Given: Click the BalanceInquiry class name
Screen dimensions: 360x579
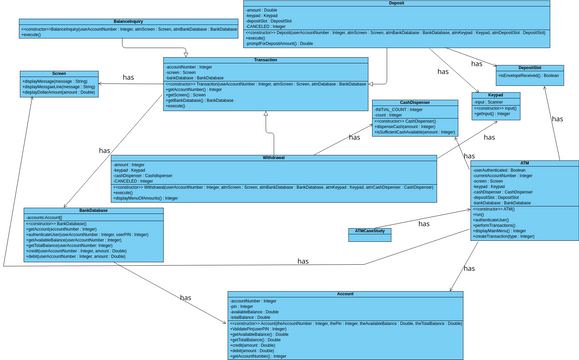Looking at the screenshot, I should tap(127, 20).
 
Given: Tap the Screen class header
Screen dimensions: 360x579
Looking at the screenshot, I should tap(59, 74).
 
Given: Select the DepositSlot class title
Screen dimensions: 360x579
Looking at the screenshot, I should tap(529, 68).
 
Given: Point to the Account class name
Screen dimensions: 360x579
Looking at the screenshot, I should tap(345, 294).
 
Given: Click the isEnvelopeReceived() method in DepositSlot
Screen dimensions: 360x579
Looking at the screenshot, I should tap(528, 76).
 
